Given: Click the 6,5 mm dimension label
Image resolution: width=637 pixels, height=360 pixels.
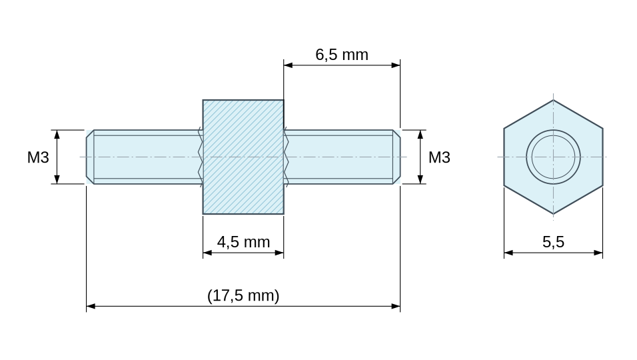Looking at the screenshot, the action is pos(342,55).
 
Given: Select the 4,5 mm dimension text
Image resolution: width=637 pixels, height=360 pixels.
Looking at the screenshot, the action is pos(243,242).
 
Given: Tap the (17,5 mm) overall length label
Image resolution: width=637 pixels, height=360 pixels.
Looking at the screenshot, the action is pos(243,295).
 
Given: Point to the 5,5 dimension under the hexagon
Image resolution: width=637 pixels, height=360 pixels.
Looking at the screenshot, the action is pos(553,242).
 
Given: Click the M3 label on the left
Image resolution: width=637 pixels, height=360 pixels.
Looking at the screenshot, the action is pos(38,157).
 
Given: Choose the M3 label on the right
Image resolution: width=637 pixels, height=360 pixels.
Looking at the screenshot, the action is pos(439,157).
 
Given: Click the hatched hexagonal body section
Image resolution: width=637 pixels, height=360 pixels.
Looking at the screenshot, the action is pos(243,157).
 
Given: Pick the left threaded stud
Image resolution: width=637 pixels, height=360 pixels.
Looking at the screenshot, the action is pos(145,157).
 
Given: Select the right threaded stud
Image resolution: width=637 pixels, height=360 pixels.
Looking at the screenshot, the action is pos(342,157).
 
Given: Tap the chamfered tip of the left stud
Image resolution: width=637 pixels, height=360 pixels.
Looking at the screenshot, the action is pos(90,157).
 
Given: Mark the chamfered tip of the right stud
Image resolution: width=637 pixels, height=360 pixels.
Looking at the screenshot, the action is pos(396,157).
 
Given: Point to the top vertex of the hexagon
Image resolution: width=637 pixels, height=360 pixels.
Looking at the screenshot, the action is pos(553,100).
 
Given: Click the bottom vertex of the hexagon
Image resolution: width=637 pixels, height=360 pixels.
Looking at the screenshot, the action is pos(553,214).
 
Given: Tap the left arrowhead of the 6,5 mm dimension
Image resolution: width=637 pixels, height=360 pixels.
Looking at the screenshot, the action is pos(288,65).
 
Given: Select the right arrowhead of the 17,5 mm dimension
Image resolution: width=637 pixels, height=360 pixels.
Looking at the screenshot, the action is pos(396,306).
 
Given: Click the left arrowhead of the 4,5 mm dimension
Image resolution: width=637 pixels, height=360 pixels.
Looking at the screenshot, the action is pos(207,253).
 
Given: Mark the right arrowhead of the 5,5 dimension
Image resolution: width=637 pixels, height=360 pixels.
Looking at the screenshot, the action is pos(598,253).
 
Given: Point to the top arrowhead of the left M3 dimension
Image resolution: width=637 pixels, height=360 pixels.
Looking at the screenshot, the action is pos(57,135).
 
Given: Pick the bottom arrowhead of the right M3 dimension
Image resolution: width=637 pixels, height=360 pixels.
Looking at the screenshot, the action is pos(420,179).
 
